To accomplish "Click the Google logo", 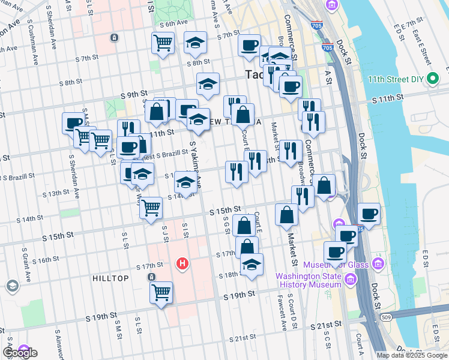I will click(x=20, y=353).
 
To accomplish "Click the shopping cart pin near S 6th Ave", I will click(x=163, y=43).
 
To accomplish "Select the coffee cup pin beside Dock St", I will click(x=369, y=213).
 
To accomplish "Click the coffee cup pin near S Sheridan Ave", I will click(x=73, y=123).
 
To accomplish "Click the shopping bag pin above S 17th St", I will click(x=244, y=226).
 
